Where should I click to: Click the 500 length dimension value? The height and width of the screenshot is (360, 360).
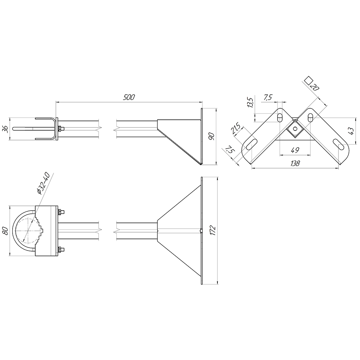129,97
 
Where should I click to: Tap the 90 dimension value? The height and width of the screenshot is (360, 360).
211,136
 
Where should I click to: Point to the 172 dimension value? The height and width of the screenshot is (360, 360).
213,230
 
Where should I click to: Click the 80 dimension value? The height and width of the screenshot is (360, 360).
6,231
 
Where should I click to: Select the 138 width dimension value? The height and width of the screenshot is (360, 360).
295,163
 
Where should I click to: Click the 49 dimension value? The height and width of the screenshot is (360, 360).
295,150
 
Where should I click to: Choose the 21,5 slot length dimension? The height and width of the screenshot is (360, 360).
235,129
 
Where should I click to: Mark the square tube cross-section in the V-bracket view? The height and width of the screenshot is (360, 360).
295,129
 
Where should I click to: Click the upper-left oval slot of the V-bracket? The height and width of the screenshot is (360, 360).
280,118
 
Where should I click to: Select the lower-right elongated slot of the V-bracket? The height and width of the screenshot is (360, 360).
339,144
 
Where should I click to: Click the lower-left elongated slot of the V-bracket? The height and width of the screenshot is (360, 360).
251,144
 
